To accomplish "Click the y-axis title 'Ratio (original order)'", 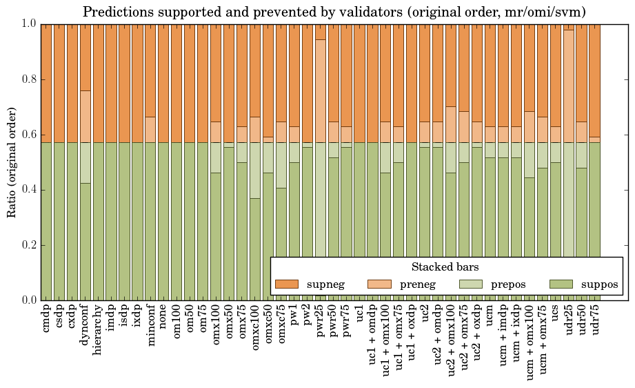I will tap(12, 162).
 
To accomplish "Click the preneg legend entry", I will tap(418, 284).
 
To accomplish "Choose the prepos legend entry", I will tap(509, 284).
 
